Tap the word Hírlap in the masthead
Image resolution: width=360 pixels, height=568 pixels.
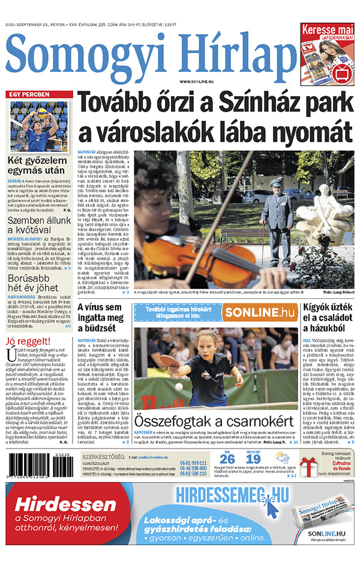click(234, 53)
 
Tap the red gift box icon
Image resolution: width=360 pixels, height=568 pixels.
click(310, 460)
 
